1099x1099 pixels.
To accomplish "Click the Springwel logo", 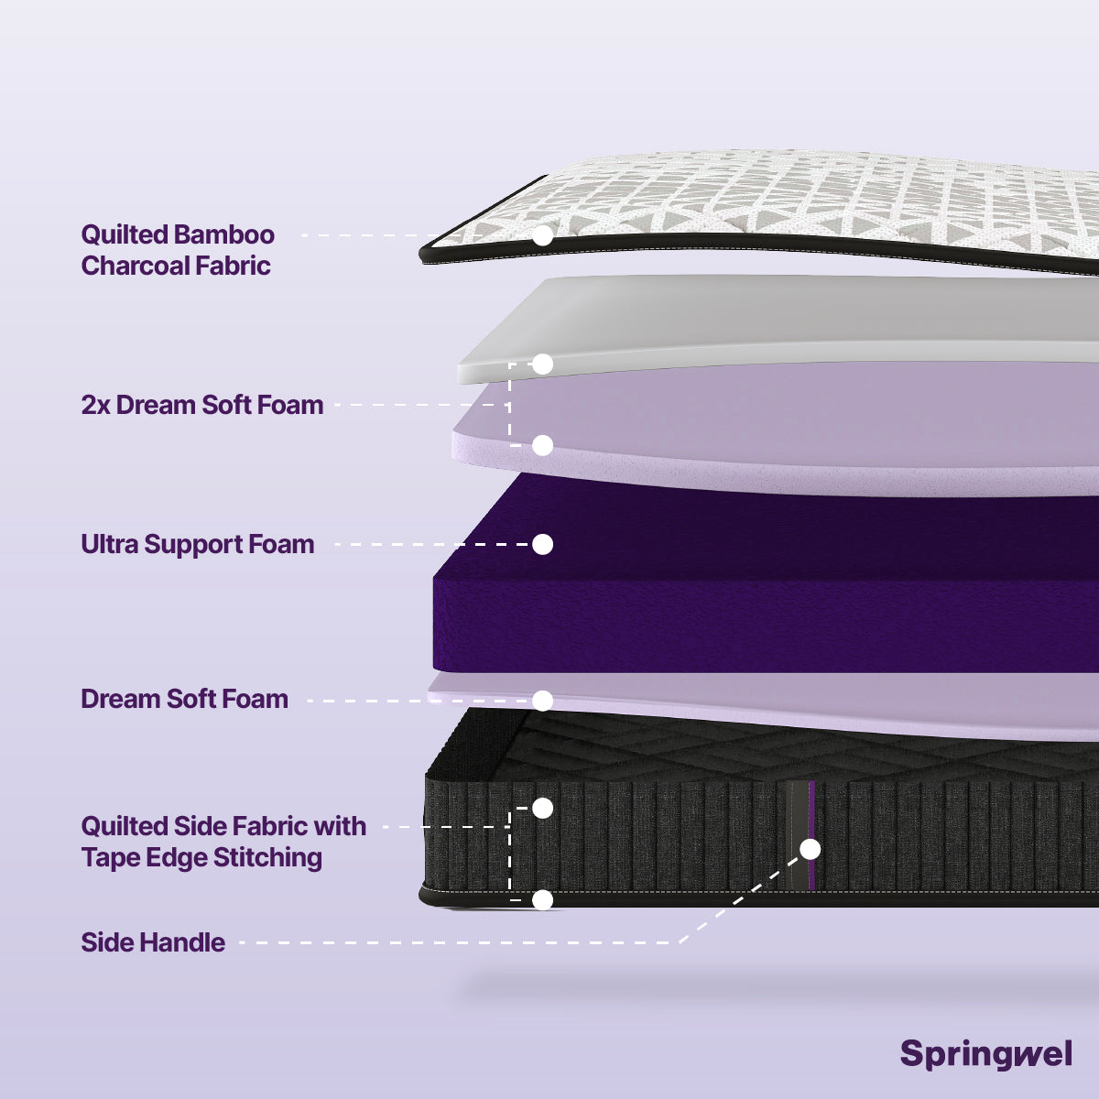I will [x=985, y=1053].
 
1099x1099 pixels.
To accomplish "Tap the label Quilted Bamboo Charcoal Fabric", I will [x=178, y=250].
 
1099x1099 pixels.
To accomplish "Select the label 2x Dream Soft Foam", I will [x=202, y=405].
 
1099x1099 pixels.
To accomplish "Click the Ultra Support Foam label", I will [x=198, y=544].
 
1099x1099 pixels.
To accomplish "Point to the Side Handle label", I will [x=153, y=942].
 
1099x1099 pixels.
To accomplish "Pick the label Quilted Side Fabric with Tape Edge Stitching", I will [x=223, y=842].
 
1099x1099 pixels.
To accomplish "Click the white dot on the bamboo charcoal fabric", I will [x=543, y=235].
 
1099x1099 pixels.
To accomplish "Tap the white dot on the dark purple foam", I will [x=543, y=544].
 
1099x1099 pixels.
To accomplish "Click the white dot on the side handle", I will [x=811, y=849].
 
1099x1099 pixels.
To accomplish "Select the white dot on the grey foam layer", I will [x=543, y=365].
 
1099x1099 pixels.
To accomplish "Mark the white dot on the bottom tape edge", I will [x=543, y=899].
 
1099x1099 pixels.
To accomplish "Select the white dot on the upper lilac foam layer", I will [x=543, y=445].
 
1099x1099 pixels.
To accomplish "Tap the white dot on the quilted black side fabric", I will [x=543, y=808].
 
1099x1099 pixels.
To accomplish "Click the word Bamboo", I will [x=224, y=234].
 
